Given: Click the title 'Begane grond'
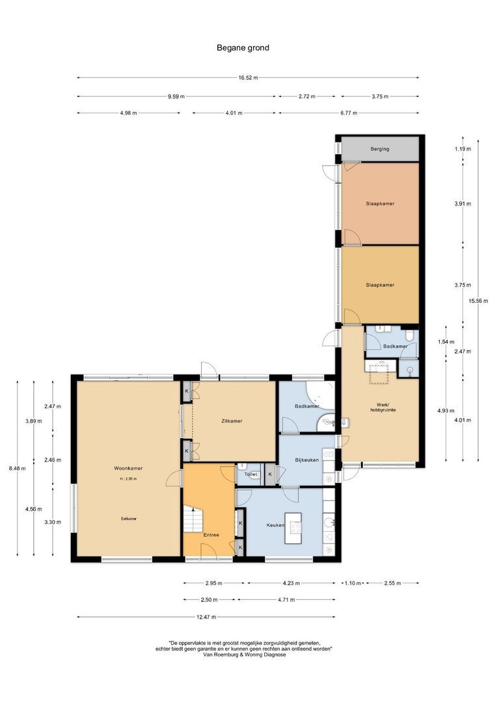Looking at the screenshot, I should (x=243, y=47).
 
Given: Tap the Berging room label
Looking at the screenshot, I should (x=380, y=149).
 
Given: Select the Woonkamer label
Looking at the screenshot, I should (x=128, y=468).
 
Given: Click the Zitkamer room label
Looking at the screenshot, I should (x=232, y=421).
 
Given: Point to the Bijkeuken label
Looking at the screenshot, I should (x=306, y=460).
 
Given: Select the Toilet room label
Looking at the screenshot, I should (x=250, y=474).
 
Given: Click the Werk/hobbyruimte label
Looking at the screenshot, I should (x=383, y=406).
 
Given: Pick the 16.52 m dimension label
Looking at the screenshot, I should (x=248, y=77).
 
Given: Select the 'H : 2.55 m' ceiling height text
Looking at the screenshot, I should (x=128, y=478).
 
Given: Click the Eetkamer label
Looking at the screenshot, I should (x=128, y=519).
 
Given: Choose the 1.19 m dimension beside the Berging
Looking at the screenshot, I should (x=463, y=149).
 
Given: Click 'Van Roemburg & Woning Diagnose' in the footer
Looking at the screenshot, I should (x=244, y=655).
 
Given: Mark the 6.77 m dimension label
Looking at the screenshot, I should (x=348, y=112).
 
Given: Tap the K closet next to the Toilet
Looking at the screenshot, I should (x=270, y=474).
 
